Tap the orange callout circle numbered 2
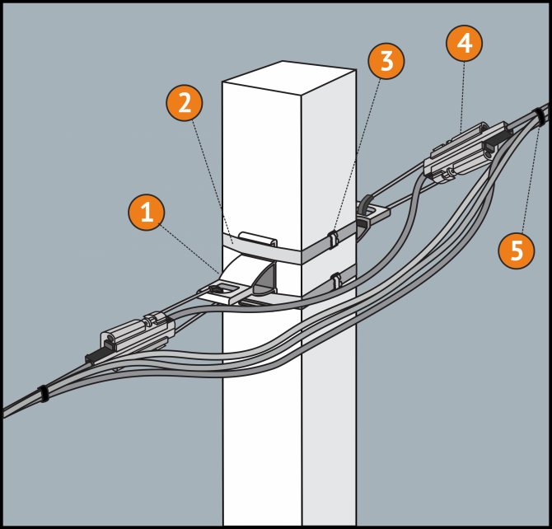185,103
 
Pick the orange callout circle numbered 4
465,44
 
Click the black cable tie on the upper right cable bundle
540,116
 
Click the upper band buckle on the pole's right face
332,241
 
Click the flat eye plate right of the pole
372,213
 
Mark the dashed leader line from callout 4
462,91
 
